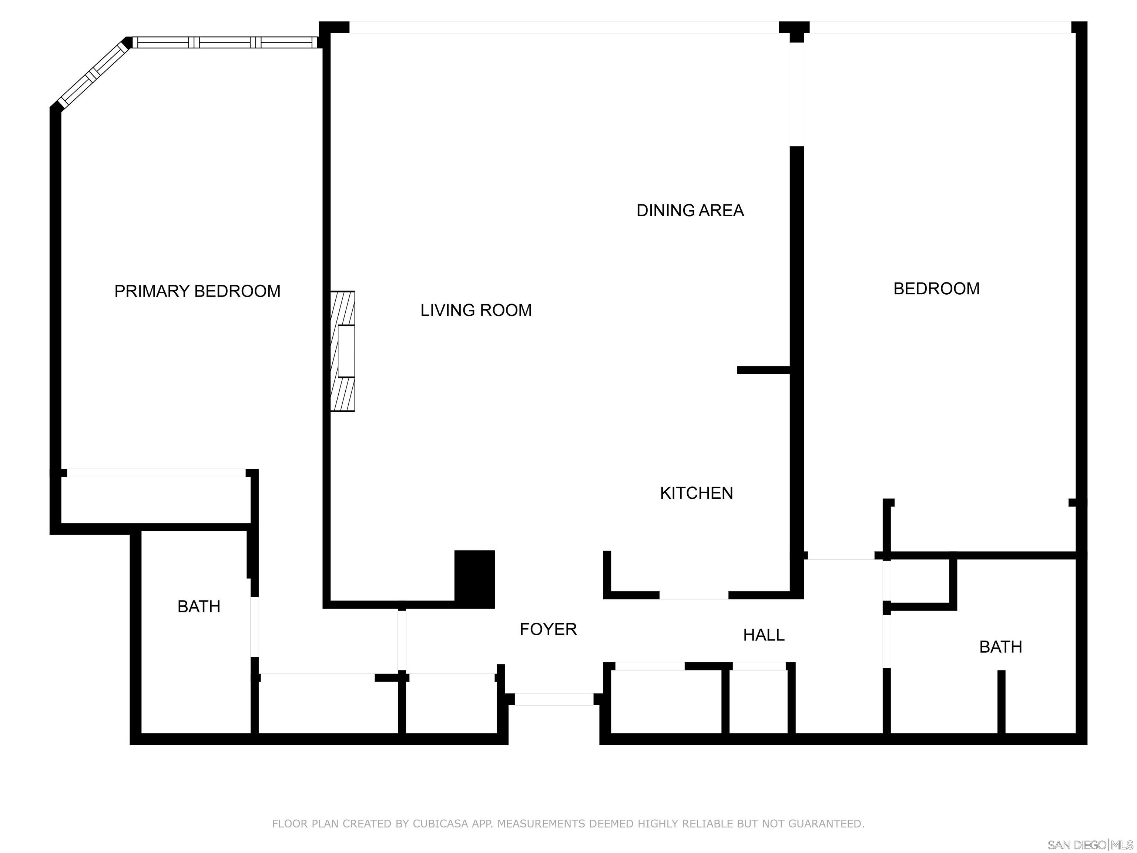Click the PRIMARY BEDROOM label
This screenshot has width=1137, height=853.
click(197, 291)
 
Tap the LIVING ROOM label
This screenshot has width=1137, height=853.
click(476, 310)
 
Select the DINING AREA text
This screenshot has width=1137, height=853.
click(690, 210)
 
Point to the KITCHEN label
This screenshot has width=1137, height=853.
click(697, 493)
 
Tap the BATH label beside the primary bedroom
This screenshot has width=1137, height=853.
click(199, 607)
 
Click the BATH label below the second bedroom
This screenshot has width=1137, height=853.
click(1000, 647)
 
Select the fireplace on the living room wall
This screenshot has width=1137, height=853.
click(342, 351)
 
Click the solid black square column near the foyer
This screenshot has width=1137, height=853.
click(474, 579)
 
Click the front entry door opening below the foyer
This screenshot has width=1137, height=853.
click(554, 699)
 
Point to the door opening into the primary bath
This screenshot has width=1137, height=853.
click(254, 627)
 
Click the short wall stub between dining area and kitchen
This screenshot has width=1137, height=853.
click(763, 370)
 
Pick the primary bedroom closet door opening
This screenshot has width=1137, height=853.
click(156, 473)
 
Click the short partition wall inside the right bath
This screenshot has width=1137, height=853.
click(1001, 702)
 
